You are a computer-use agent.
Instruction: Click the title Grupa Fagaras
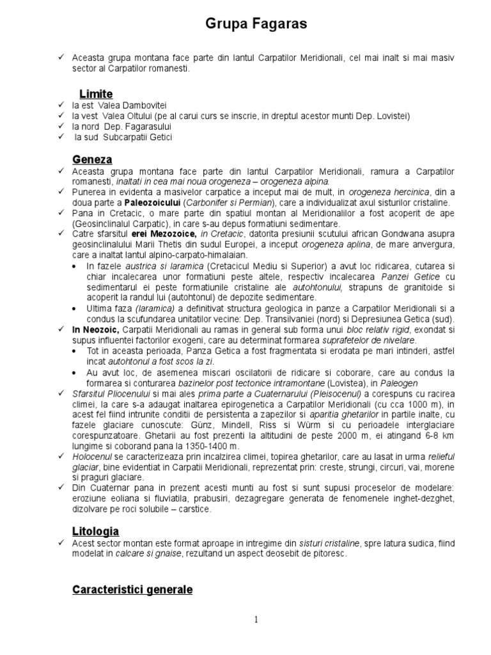[247, 24]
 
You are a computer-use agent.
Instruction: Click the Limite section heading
[96, 94]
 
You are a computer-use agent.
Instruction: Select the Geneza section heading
[92, 159]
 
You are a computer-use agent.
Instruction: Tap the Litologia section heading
[95, 532]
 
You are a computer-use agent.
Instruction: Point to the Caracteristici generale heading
[132, 589]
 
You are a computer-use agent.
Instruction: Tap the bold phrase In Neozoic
[95, 329]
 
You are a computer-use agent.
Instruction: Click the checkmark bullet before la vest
[61, 116]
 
